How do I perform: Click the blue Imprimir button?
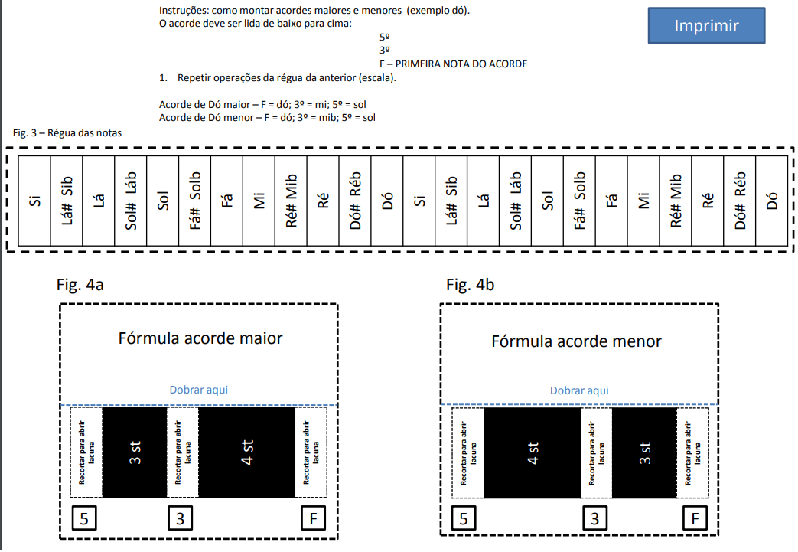706,26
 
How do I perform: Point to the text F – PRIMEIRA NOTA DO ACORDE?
453,64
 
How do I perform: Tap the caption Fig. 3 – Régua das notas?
67,132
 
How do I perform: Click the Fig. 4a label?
80,286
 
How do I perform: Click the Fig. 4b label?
470,286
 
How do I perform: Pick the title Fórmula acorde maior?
200,338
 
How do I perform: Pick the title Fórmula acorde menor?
576,341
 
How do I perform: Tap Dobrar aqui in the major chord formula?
199,390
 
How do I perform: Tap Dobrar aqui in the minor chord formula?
579,390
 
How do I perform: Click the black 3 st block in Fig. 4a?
134,452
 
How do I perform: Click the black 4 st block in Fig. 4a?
246,452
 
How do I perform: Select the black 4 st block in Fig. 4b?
533,452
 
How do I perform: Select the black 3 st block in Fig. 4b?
644,452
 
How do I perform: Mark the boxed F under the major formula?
313,518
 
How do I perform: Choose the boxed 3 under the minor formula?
595,519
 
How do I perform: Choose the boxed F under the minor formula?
695,519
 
